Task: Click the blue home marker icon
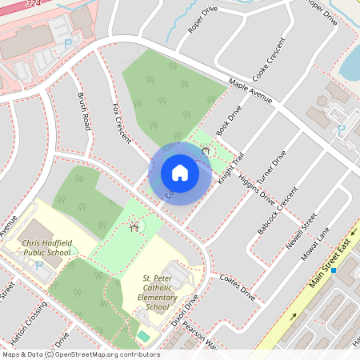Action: coord(180,173)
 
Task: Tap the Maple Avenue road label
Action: coord(250,90)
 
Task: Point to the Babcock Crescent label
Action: coord(282,210)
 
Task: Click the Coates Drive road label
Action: coord(237,285)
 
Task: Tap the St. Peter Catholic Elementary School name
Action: coord(158,292)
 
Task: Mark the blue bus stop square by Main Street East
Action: coord(334,270)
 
